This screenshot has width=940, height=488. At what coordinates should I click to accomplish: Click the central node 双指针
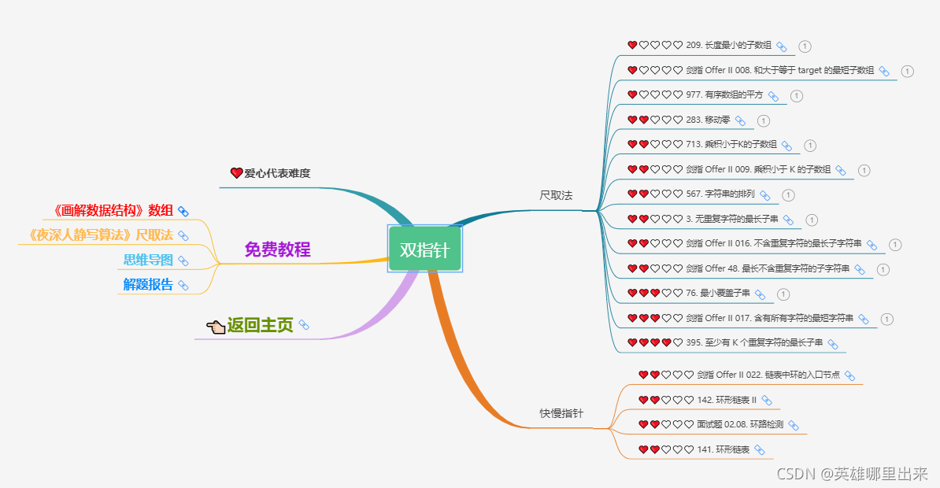pyautogui.click(x=424, y=250)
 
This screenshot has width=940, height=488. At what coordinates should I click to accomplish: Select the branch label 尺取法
pyautogui.click(x=556, y=194)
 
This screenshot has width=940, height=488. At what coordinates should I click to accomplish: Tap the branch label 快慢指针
pyautogui.click(x=561, y=413)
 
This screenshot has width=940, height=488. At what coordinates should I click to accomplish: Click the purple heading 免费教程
pyautogui.click(x=277, y=250)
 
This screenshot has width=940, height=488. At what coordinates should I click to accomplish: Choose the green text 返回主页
pyautogui.click(x=260, y=325)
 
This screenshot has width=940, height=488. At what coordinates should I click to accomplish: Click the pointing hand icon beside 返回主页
pyautogui.click(x=216, y=326)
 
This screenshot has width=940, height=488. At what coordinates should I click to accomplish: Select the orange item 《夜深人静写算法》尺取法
pyautogui.click(x=99, y=235)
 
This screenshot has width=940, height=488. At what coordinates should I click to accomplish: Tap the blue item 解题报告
pyautogui.click(x=148, y=284)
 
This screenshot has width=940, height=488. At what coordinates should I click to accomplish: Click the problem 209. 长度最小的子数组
pyautogui.click(x=729, y=46)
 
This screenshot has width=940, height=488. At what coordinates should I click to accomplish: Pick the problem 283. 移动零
pyautogui.click(x=708, y=120)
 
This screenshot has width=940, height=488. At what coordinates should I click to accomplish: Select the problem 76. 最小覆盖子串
pyautogui.click(x=718, y=294)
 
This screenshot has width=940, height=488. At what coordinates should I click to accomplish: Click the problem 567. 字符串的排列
pyautogui.click(x=720, y=194)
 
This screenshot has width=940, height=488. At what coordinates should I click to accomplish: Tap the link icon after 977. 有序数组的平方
pyautogui.click(x=773, y=96)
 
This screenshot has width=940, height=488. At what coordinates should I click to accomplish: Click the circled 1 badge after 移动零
pyautogui.click(x=764, y=120)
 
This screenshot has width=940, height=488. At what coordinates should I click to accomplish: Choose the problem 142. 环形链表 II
pyautogui.click(x=727, y=400)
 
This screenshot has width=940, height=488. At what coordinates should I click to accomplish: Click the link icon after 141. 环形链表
pyautogui.click(x=760, y=449)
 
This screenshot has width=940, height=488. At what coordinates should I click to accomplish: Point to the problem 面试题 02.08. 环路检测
pyautogui.click(x=740, y=424)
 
